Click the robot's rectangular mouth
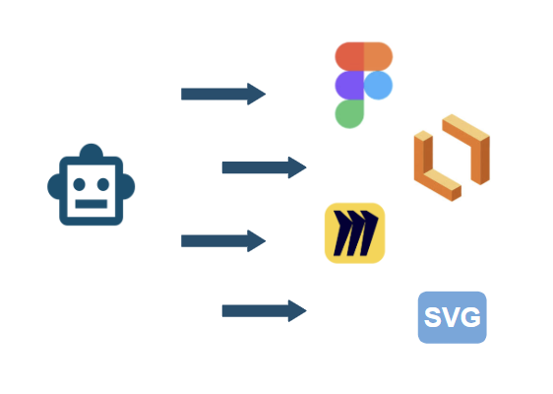tap(91, 204)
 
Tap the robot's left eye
tap(79, 184)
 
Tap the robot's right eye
tap(103, 184)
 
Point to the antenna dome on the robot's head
tap(91, 151)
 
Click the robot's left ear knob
tap(53, 186)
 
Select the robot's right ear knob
tap(129, 186)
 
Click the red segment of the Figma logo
tap(349, 56)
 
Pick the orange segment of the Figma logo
tap(378, 56)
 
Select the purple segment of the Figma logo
tap(349, 86)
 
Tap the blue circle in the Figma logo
tap(378, 86)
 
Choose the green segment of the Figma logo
tap(349, 114)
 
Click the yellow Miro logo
tap(355, 233)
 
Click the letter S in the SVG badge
tap(433, 317)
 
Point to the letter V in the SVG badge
tap(451, 317)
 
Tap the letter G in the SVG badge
tap(470, 317)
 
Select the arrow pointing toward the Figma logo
tap(223, 94)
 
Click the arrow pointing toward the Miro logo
tap(223, 241)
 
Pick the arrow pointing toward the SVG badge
tap(264, 311)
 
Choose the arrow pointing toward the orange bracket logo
tap(264, 167)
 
